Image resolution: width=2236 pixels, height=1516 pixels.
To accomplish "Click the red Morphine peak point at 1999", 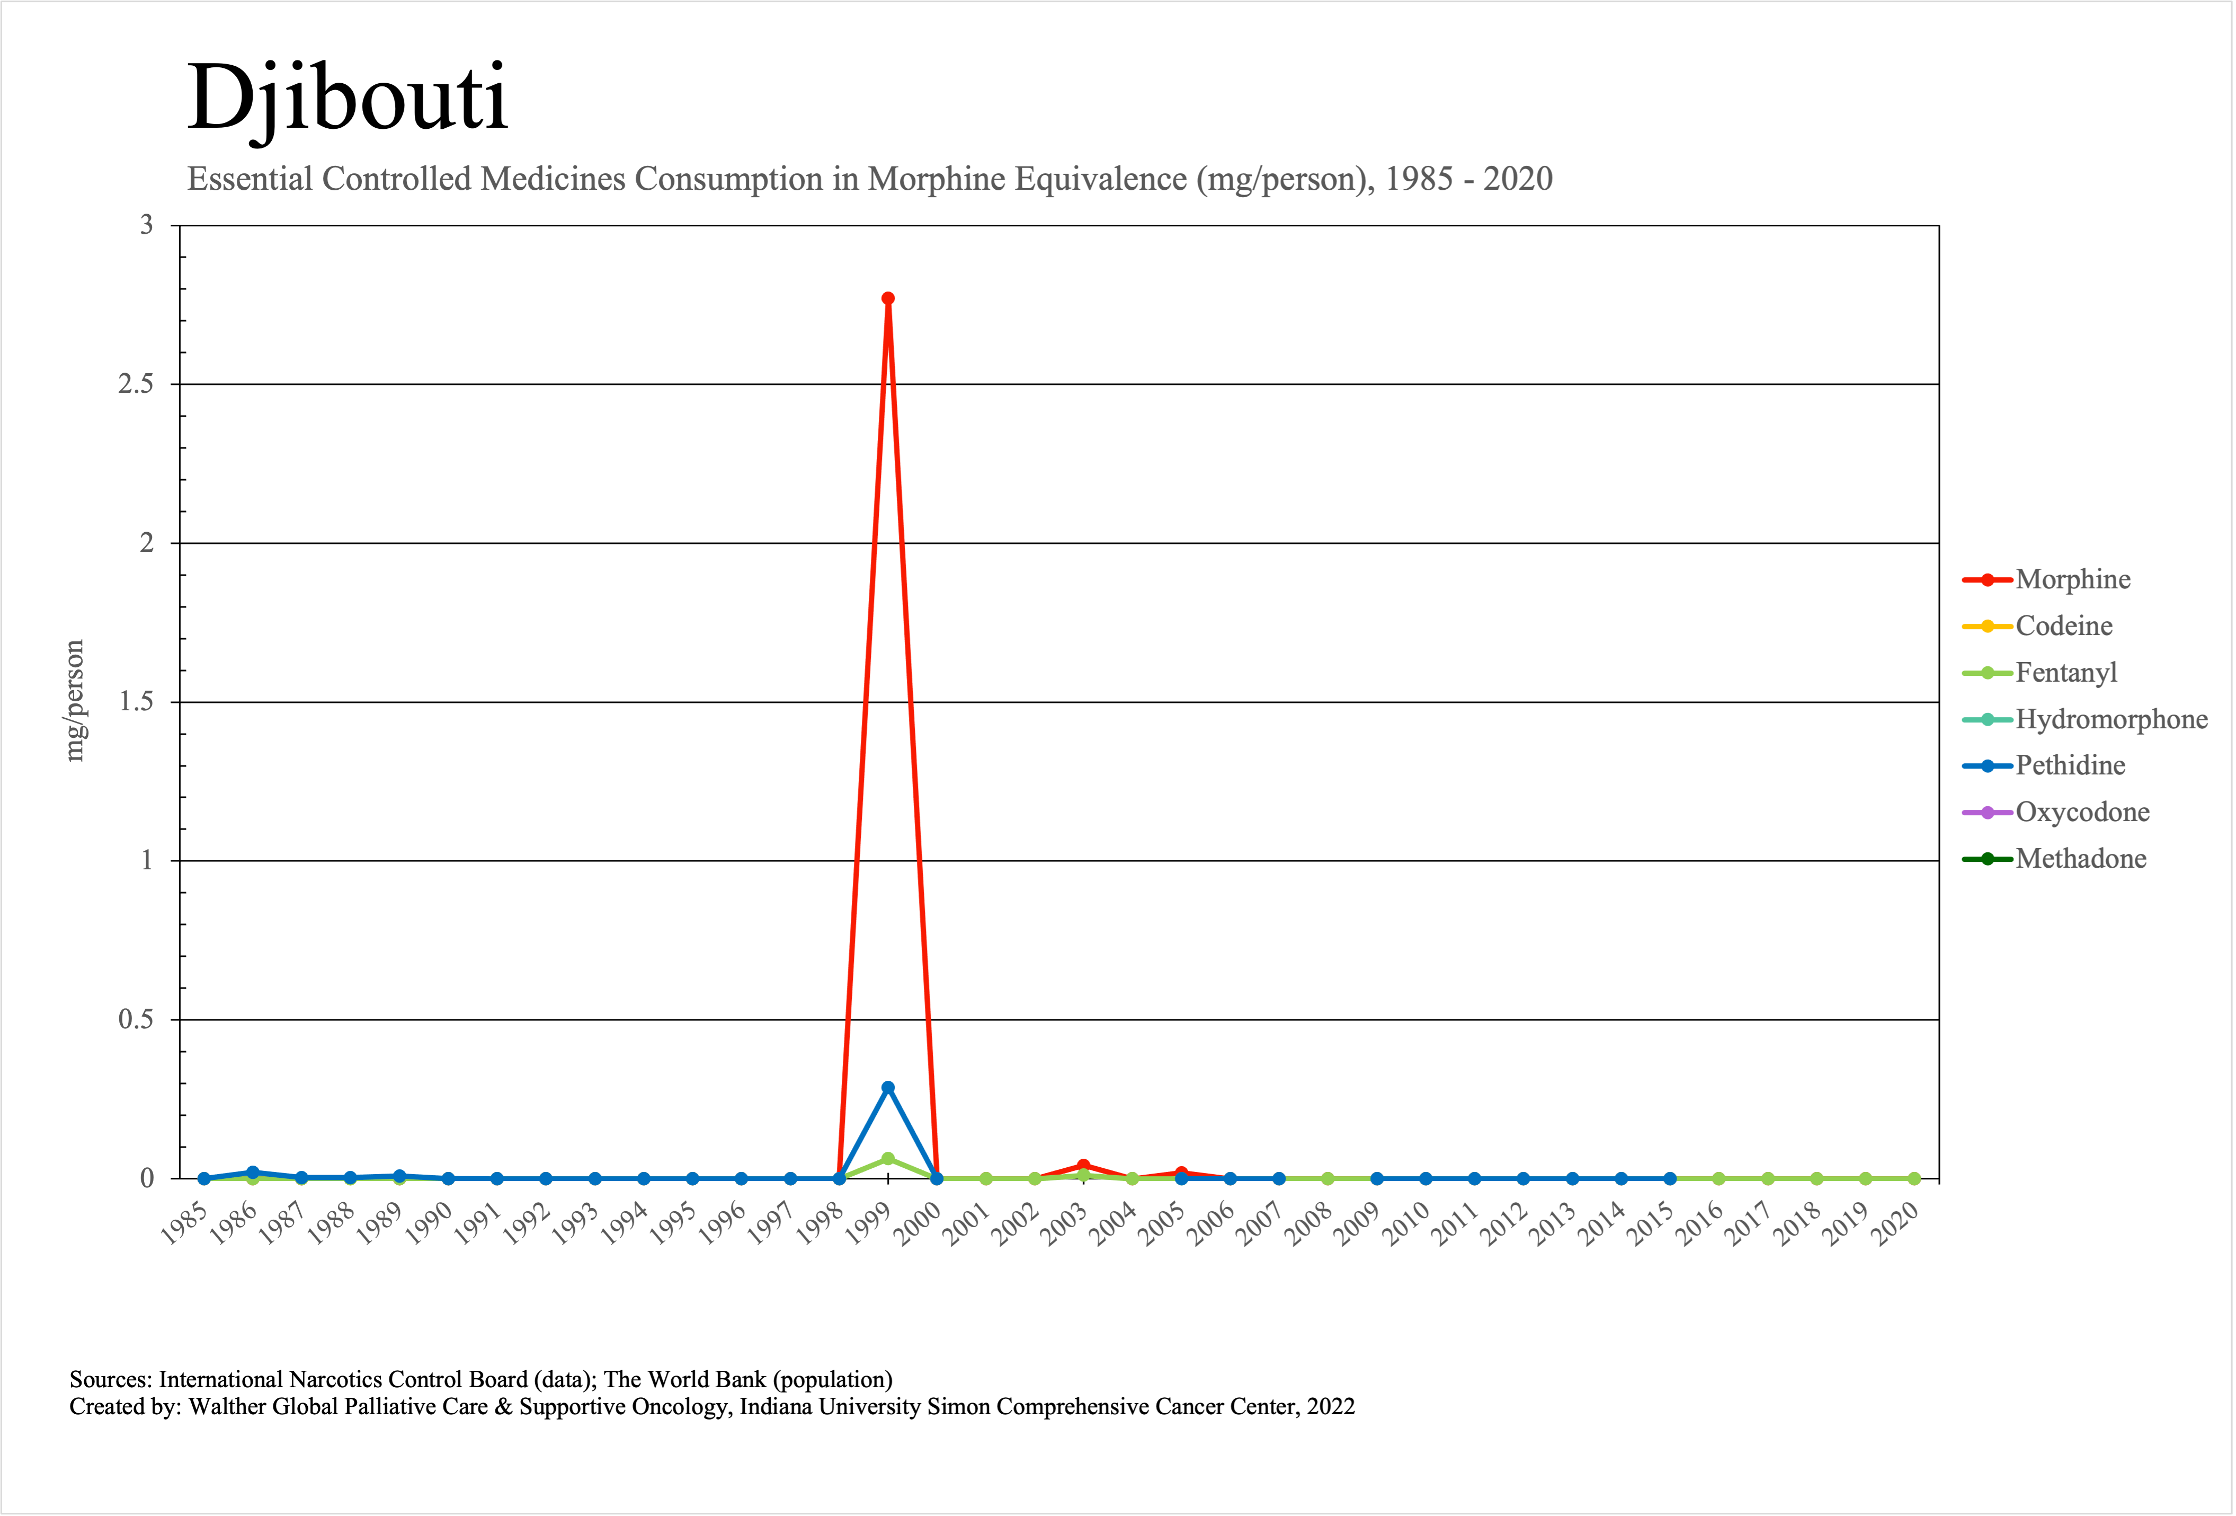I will [x=888, y=298].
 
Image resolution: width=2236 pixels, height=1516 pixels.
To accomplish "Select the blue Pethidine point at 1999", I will [x=888, y=1088].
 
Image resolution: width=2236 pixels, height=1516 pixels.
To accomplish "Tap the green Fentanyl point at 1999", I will [x=888, y=1159].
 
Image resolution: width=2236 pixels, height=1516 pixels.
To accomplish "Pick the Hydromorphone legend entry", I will [x=2111, y=719].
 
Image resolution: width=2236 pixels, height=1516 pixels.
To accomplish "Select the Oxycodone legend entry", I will [x=2082, y=813].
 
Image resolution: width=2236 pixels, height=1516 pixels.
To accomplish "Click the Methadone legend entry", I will [x=2080, y=859].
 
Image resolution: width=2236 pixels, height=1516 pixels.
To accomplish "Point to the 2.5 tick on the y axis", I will [x=136, y=384].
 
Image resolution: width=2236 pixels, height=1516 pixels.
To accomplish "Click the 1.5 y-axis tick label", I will [x=136, y=702].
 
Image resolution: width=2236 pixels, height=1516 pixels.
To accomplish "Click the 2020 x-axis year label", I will [x=1898, y=1223].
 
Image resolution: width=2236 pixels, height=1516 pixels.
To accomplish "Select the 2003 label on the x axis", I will [x=1066, y=1223].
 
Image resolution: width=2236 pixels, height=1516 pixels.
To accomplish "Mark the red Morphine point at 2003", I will [x=1083, y=1166].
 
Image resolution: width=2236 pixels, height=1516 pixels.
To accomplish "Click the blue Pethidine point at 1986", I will [x=253, y=1173].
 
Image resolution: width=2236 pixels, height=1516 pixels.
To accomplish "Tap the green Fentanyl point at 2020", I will [x=1914, y=1179].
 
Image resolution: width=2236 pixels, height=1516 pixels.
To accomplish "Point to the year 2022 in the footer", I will [x=1331, y=1407].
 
